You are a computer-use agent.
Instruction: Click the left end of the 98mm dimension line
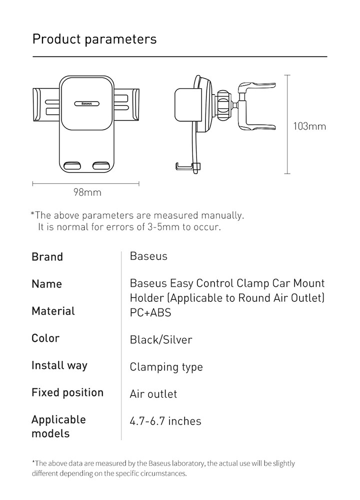coord(33,184)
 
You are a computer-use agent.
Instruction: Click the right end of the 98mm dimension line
coord(139,184)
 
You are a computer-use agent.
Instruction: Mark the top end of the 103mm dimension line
coord(287,75)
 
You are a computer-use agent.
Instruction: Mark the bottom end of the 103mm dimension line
coord(287,174)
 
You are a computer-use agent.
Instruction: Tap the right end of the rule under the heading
coord(327,57)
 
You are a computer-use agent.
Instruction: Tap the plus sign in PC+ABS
coord(145,312)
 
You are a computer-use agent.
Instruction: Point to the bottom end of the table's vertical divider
coord(121,440)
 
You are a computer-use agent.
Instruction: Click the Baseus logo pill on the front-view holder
coord(87,104)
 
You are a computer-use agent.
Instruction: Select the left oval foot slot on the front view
coord(72,166)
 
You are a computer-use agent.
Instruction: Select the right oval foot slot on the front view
coord(101,166)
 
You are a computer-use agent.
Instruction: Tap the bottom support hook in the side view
coord(187,166)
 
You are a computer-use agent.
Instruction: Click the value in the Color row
coord(161,340)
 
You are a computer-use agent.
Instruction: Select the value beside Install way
coord(166,367)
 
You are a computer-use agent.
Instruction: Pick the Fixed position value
coord(153,394)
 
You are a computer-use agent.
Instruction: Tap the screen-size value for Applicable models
coord(165,421)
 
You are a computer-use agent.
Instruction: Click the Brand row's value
coord(148,256)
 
